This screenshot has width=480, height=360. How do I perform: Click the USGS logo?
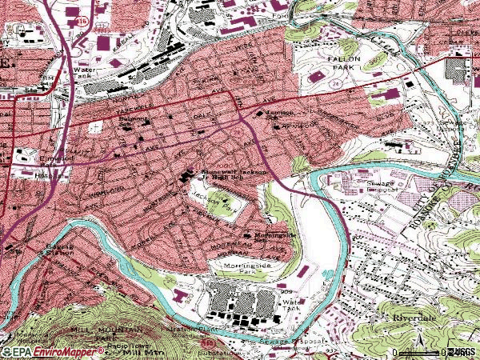[x=462, y=351]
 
